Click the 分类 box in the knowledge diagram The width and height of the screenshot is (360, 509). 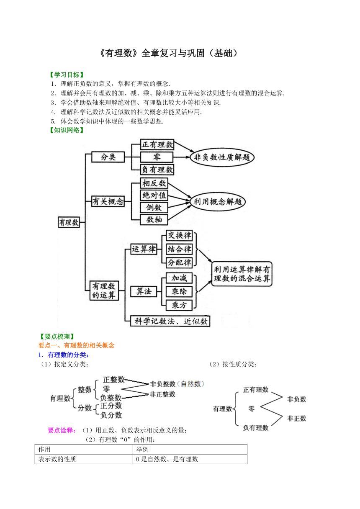[108, 157]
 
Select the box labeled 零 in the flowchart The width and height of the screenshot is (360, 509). [157, 157]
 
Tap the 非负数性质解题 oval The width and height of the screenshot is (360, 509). [222, 157]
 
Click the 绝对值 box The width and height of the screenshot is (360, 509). [154, 195]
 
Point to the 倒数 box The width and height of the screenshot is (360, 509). [154, 207]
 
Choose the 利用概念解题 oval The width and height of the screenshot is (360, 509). [218, 202]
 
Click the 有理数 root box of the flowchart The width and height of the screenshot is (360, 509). [69, 222]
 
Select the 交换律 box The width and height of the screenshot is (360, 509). [179, 235]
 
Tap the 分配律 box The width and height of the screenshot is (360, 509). [179, 263]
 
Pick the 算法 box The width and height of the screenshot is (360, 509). [144, 291]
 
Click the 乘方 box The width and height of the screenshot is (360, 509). [179, 305]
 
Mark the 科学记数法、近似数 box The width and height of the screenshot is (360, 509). [170, 321]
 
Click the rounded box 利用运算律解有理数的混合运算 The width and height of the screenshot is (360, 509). [242, 274]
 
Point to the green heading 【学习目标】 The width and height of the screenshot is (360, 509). [67, 75]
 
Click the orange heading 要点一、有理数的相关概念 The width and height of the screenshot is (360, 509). [76, 345]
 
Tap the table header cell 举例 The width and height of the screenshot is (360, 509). [142, 449]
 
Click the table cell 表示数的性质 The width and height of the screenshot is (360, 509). [57, 459]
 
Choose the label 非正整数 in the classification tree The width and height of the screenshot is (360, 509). [162, 394]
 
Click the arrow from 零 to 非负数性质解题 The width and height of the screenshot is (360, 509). [181, 157]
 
